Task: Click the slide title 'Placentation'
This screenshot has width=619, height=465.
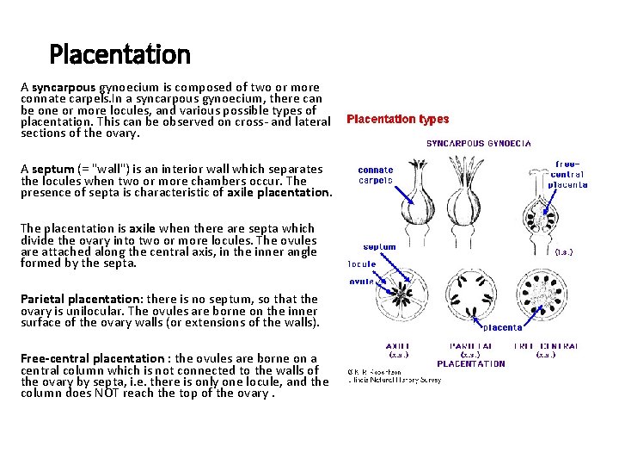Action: click(120, 55)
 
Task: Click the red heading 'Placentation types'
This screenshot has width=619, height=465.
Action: click(397, 120)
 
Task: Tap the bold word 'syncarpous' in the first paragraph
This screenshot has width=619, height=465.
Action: click(64, 87)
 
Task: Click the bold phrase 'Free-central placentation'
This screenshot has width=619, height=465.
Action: click(92, 358)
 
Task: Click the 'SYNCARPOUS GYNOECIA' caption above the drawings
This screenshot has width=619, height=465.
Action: click(479, 143)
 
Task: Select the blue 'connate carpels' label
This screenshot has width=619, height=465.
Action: click(376, 175)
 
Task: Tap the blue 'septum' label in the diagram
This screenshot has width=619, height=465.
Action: click(379, 247)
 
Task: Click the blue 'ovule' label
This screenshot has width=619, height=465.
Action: click(362, 281)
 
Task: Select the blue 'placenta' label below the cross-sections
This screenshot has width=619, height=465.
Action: click(501, 327)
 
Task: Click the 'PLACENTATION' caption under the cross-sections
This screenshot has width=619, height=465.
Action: click(471, 363)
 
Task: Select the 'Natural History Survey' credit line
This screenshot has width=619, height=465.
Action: click(395, 380)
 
